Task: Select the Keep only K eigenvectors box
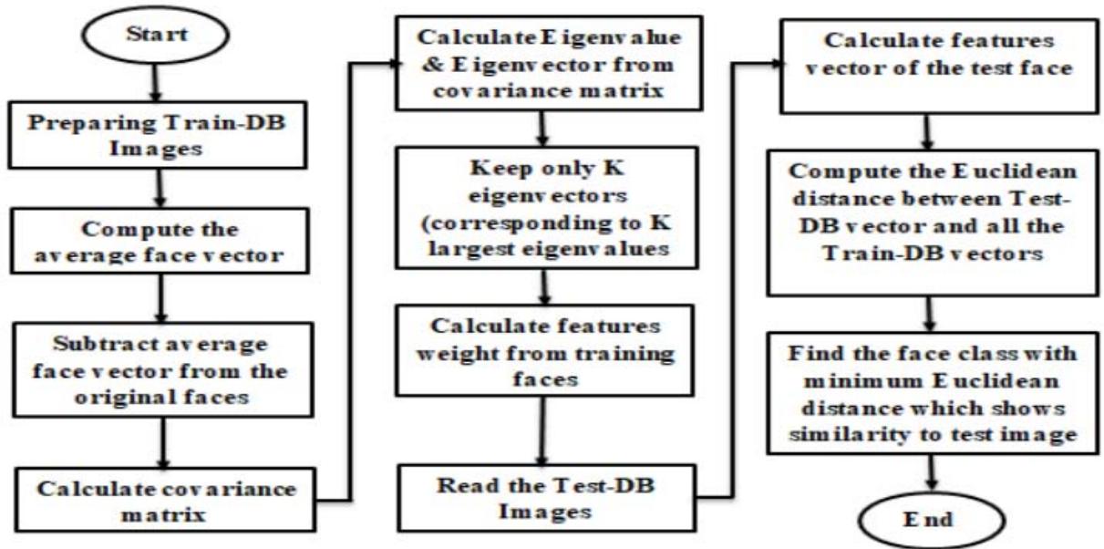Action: pos(542,219)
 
